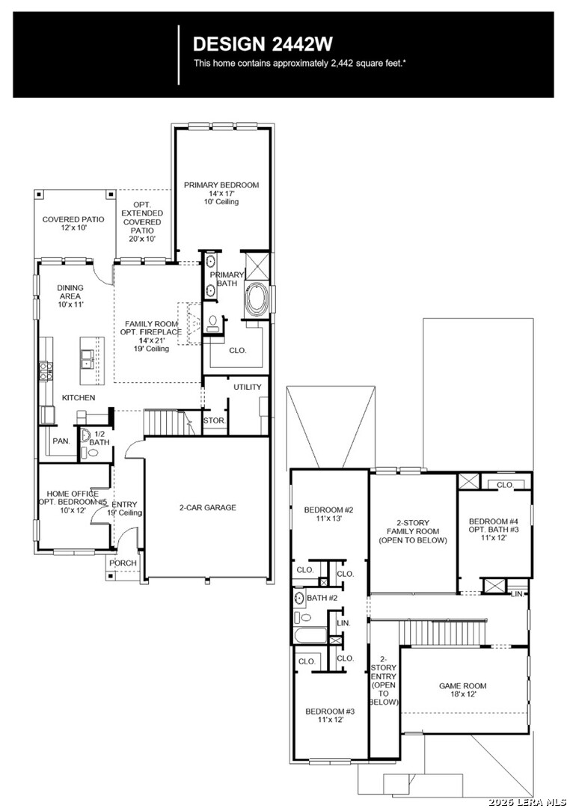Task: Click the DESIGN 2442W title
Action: [x=263, y=44]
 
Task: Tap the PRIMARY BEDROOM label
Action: [x=221, y=185]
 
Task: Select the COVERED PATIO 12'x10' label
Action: [x=73, y=223]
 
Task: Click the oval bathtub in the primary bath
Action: [x=256, y=301]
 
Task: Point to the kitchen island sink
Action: [x=88, y=359]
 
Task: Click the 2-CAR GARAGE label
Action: [x=207, y=507]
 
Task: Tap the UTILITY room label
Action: [x=247, y=387]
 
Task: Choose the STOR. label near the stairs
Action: [x=214, y=420]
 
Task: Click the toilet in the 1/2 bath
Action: [x=93, y=453]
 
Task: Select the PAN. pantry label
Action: [x=61, y=441]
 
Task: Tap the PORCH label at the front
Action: [x=123, y=563]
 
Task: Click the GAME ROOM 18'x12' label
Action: [x=462, y=690]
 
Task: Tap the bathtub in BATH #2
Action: [x=310, y=635]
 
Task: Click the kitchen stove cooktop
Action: [x=46, y=371]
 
